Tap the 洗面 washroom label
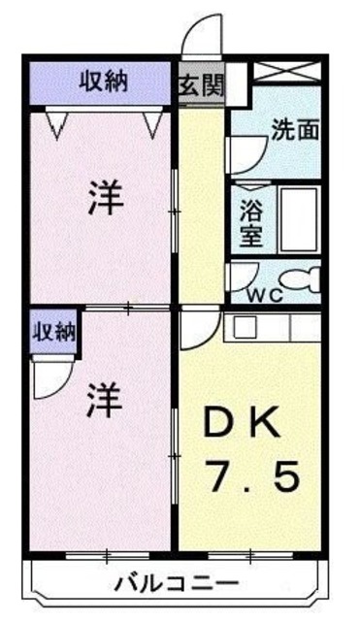(x=296, y=128)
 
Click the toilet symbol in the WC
(x=309, y=278)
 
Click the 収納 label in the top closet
(x=102, y=83)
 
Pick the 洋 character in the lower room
(x=104, y=401)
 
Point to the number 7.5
(x=250, y=477)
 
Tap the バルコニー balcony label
(x=177, y=583)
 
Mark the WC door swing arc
(x=238, y=276)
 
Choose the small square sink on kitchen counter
(x=244, y=328)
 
